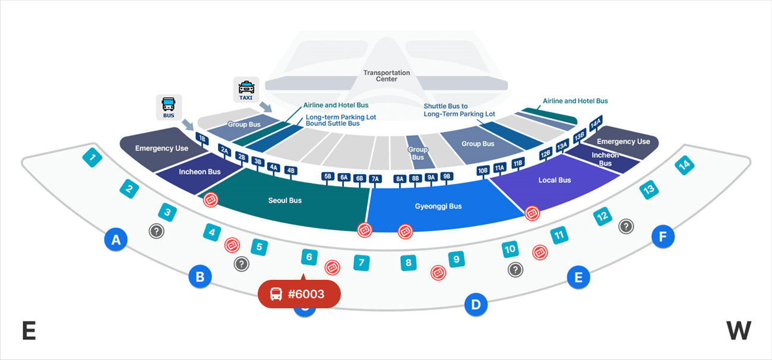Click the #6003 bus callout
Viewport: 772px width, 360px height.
coord(299,294)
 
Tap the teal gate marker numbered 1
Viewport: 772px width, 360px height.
coord(92,158)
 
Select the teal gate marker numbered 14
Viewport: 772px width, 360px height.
coord(685,166)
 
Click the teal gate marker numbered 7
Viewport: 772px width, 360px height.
coord(362,262)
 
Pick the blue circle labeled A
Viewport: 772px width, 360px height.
coord(116,240)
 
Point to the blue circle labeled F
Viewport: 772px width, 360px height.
coord(663,237)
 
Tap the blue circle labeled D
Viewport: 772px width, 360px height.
coord(475,305)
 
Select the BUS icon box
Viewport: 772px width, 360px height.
coord(169,107)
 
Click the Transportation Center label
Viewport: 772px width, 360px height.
coord(387,75)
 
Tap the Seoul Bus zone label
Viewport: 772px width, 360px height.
coord(285,201)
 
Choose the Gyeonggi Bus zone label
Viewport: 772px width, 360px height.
coord(438,207)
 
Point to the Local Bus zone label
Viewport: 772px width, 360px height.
coord(555,180)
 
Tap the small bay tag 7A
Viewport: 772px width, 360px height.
coord(375,178)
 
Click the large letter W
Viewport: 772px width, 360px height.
coord(738,330)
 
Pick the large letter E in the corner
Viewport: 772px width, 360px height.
coord(29,331)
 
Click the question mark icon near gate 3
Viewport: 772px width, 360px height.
coord(156,231)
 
